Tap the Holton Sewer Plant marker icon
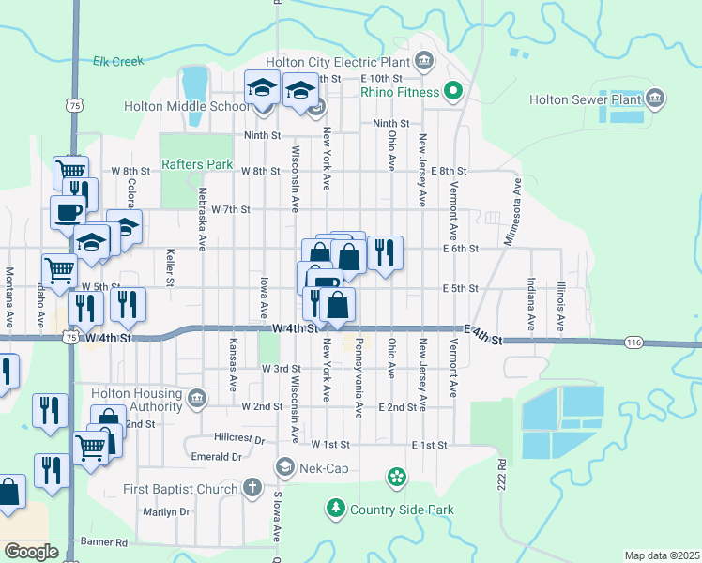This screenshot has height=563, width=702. (x=655, y=99)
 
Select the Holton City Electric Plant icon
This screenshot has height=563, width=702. (x=423, y=62)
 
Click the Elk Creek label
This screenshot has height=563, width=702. (x=118, y=61)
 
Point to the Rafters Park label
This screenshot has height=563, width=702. (x=197, y=164)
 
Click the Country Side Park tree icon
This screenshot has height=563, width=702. (x=335, y=510)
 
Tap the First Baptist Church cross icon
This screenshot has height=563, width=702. (x=252, y=488)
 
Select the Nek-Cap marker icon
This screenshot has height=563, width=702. (x=285, y=466)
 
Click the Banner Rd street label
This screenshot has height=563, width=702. (x=103, y=542)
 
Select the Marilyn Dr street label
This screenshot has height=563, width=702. (x=166, y=512)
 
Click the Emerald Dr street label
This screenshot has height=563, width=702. (x=217, y=457)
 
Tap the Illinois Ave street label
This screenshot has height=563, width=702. (x=560, y=303)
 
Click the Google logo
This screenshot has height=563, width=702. (x=31, y=552)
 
